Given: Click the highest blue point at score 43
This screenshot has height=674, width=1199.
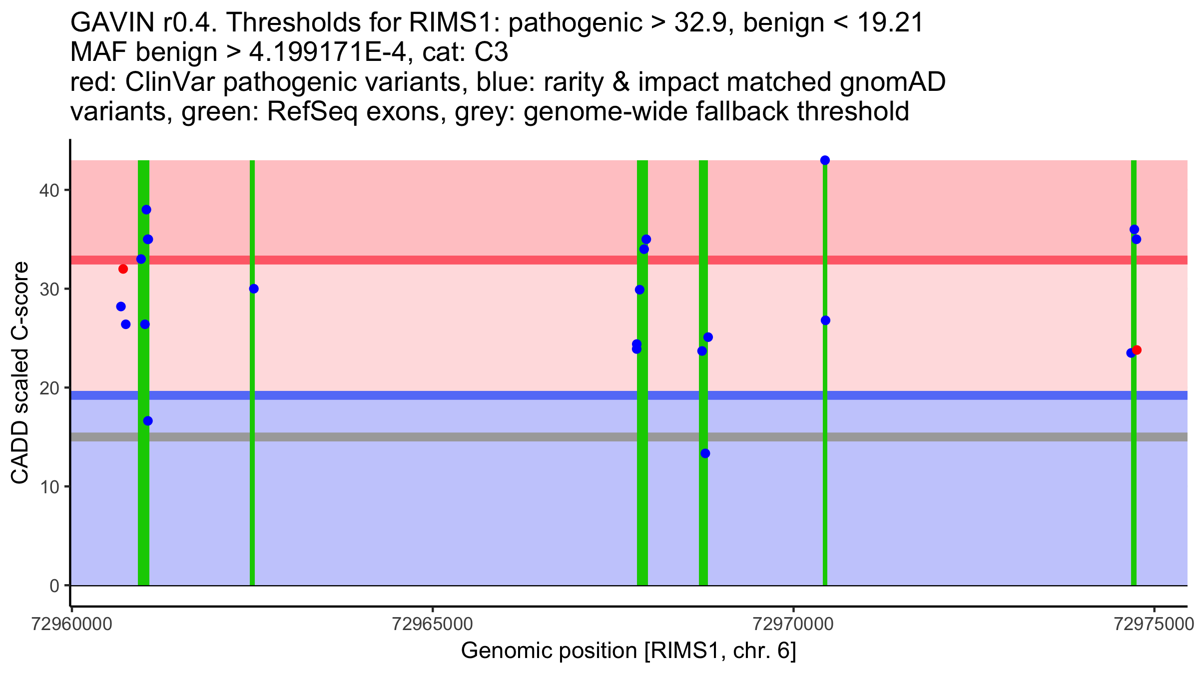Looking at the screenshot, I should [x=825, y=160].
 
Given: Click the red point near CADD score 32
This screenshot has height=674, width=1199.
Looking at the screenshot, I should [x=123, y=269].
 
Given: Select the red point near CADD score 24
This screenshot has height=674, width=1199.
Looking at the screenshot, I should [x=1137, y=350].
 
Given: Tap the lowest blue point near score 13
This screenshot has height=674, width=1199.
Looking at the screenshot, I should [x=705, y=453].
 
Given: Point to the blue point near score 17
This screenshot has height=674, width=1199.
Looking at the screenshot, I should [x=148, y=421].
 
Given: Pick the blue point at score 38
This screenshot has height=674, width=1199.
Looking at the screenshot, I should [x=146, y=210].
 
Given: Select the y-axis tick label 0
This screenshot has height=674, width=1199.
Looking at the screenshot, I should [x=54, y=586].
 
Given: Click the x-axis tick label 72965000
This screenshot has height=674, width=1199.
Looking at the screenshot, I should [x=433, y=625].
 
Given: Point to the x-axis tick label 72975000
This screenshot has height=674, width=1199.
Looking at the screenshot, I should [x=1154, y=625].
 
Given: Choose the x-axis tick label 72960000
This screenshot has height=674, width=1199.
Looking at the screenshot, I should [x=72, y=625].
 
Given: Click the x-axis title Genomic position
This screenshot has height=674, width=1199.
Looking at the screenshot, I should [x=628, y=651].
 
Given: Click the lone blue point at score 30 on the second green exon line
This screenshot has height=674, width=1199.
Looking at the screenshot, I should [x=254, y=289].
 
